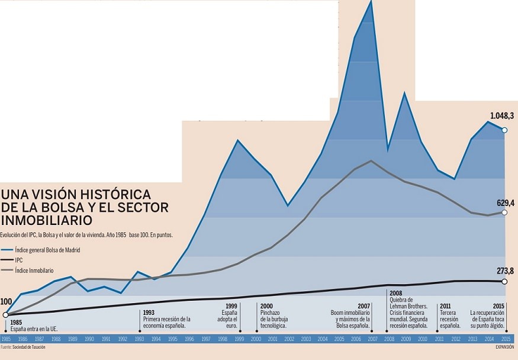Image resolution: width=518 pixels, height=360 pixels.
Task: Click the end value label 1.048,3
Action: (x=502, y=116)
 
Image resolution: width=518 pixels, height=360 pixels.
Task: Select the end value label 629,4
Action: (x=505, y=202)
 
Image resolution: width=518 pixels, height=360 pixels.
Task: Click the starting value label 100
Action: (x=7, y=302)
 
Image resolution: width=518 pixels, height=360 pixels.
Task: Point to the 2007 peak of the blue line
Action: (x=371, y=2)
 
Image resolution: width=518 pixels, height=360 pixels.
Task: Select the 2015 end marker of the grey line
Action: (x=504, y=212)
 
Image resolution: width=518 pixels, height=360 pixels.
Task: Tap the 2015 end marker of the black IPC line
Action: (x=504, y=281)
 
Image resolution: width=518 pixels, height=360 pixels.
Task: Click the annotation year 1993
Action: (x=149, y=312)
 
